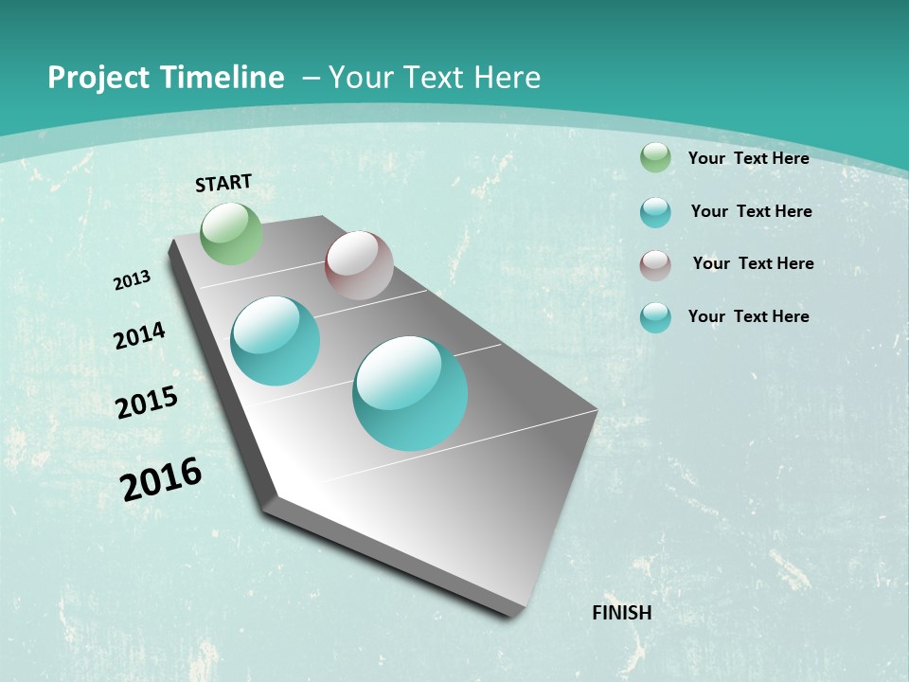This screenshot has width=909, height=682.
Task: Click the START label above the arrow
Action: tap(223, 183)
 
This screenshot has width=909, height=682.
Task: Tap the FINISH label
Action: tap(622, 613)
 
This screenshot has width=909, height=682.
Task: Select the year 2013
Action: tap(133, 280)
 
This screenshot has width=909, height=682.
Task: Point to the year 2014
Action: tap(139, 336)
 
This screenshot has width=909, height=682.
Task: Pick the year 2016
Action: tap(161, 479)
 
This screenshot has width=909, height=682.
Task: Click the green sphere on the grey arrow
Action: tap(231, 234)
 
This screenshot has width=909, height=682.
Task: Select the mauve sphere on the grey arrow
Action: tap(359, 265)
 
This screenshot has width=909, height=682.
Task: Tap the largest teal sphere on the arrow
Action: tap(410, 393)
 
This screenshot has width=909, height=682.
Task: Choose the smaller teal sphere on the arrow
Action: tap(276, 341)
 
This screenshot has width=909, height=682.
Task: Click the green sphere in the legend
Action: tap(655, 157)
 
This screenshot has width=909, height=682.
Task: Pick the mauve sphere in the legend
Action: tap(655, 264)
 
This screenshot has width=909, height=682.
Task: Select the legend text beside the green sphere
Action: tap(748, 158)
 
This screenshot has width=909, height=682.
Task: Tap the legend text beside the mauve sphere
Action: tap(753, 263)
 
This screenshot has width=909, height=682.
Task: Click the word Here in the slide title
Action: tap(507, 78)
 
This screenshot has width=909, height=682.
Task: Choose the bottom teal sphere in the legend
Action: tap(655, 317)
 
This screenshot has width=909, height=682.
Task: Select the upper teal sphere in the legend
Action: tap(655, 212)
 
